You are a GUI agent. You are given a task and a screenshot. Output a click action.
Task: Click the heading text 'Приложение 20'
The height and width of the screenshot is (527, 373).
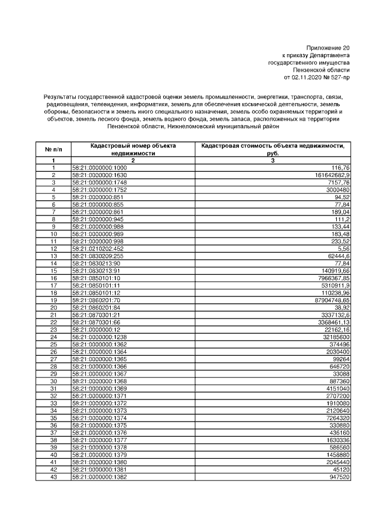pyautogui.click(x=328, y=48)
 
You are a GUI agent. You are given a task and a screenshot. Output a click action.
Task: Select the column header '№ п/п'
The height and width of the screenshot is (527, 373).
pyautogui.click(x=53, y=150)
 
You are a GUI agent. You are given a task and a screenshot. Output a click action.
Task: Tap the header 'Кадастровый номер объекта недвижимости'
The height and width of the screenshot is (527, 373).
pyautogui.click(x=133, y=150)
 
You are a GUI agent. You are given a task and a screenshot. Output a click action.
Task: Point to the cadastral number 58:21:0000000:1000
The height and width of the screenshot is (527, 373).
pyautogui.click(x=99, y=168)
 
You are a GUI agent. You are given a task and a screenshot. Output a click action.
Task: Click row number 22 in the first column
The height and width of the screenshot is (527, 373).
pyautogui.click(x=53, y=322)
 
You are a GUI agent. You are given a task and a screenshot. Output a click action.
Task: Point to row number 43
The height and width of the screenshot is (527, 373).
pyautogui.click(x=53, y=477)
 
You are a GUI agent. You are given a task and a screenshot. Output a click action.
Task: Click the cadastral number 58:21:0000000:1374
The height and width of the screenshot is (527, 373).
pyautogui.click(x=99, y=418)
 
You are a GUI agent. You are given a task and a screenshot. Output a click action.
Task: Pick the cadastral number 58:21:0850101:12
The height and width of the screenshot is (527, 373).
pyautogui.click(x=95, y=293)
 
